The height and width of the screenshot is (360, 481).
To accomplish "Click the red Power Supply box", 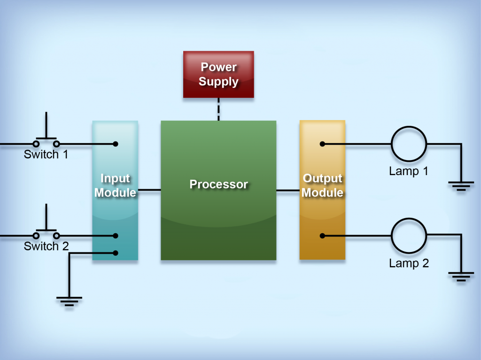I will [x=218, y=74].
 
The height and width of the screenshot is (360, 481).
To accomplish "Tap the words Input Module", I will [x=115, y=185].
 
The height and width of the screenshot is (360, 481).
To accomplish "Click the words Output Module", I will [x=322, y=185].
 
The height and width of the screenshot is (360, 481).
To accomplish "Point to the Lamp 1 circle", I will [x=409, y=144].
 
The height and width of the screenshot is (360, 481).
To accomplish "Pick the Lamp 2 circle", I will [x=409, y=235].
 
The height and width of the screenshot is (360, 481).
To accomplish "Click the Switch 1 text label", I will [x=46, y=154].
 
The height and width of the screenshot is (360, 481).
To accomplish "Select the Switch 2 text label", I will [x=46, y=246].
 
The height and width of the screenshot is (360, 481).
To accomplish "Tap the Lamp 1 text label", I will [x=409, y=171].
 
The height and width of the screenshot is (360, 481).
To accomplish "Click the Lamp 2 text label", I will [x=409, y=263].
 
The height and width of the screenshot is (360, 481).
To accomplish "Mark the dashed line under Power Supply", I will [x=218, y=109].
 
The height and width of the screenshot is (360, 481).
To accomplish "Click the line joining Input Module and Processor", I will [x=149, y=190].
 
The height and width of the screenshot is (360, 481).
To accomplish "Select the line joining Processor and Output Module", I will [x=287, y=190].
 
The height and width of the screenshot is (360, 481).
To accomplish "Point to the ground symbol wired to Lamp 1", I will [x=461, y=186].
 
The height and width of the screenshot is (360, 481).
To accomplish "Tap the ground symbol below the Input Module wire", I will [x=69, y=300].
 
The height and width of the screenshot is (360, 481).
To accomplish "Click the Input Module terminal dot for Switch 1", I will [x=116, y=144].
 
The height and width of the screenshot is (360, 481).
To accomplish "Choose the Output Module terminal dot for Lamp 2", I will [x=322, y=235].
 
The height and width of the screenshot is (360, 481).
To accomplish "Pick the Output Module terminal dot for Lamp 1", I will [x=322, y=144].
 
